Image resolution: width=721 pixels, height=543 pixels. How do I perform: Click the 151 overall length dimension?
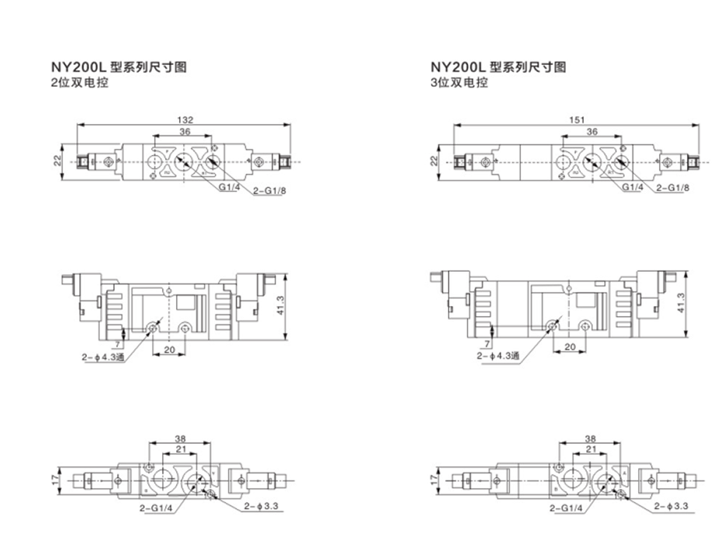tap(577, 120)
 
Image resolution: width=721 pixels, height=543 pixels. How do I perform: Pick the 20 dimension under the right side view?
tap(568, 347)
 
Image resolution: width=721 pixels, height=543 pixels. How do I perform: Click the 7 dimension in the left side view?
tap(117, 342)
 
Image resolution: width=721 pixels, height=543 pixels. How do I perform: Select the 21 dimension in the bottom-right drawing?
tap(592, 448)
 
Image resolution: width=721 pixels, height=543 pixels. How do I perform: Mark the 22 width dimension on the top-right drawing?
tap(435, 160)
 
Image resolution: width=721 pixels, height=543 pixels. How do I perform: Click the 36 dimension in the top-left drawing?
tap(185, 132)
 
